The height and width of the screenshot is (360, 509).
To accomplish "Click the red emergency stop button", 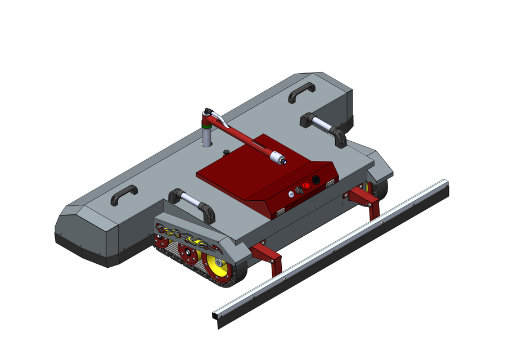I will tap(307, 186).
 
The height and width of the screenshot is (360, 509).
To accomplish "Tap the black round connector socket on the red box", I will tap(316, 180).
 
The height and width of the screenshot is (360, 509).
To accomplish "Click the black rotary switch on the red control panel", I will tap(299, 191).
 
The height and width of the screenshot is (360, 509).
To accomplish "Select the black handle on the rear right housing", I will tap(302, 92).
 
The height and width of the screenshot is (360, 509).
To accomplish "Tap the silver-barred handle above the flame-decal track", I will tap(192, 203).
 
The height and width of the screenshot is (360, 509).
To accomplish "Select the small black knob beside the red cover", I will tap(226, 152).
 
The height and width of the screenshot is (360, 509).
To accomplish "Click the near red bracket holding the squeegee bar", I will tap(268, 256).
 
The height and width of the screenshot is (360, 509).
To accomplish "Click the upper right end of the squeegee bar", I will tap(445, 186).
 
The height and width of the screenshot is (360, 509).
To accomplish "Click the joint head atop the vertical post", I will tap(209, 115).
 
